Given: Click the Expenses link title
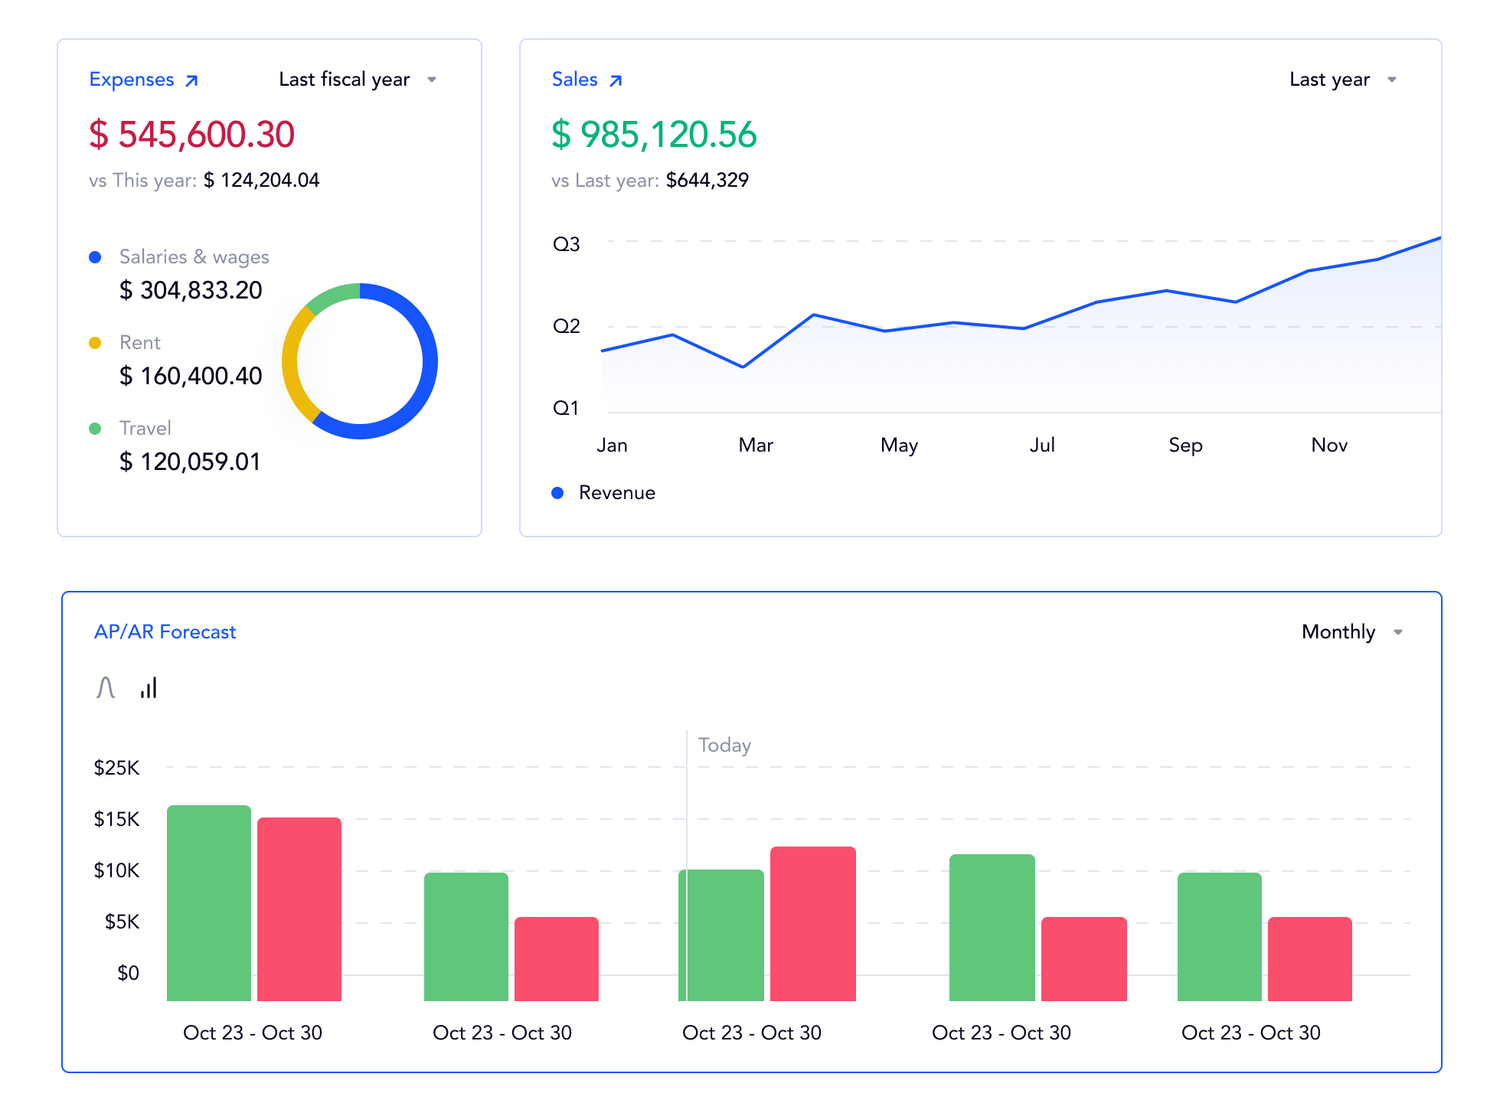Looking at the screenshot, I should [132, 80].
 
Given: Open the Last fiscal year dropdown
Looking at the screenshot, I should [357, 80].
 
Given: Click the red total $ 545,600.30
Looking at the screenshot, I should [191, 135].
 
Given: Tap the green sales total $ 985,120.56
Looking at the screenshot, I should [654, 135].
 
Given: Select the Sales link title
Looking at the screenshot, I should [575, 80].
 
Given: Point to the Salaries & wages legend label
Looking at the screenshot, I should [194, 257].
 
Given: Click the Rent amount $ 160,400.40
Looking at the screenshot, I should [191, 376].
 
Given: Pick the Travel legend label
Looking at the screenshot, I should [145, 428].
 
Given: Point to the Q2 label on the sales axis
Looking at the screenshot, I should [567, 327].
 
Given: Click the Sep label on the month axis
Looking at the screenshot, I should [1185, 445].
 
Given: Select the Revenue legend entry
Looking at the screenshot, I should [616, 493].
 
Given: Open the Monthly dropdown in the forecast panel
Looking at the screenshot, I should [1351, 632].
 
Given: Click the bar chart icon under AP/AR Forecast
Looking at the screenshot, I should [149, 687].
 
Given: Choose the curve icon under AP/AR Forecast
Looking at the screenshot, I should [106, 687].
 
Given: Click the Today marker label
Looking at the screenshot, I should [724, 746].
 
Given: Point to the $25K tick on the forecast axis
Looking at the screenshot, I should [116, 768].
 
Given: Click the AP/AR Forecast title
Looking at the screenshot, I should [165, 632].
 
